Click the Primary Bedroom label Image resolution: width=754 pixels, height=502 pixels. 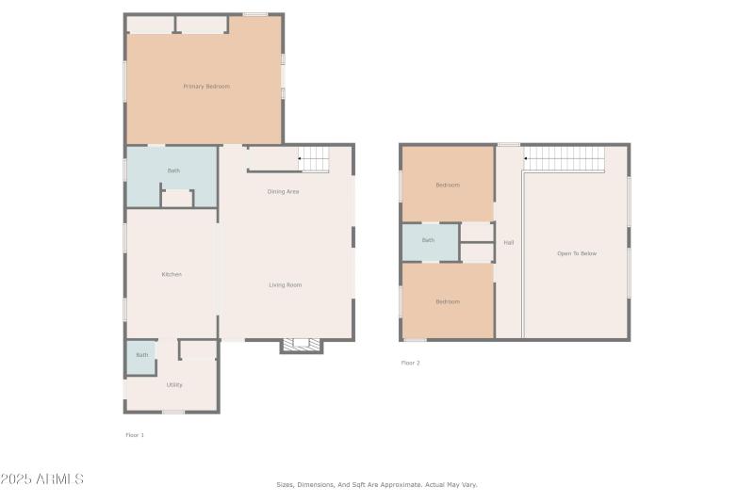pyautogui.click(x=205, y=87)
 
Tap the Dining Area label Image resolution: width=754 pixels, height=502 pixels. pyautogui.click(x=283, y=192)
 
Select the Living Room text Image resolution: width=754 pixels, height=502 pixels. pyautogui.click(x=286, y=284)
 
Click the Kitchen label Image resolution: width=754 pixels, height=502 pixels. pyautogui.click(x=172, y=274)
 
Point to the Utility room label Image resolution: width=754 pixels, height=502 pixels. pyautogui.click(x=174, y=384)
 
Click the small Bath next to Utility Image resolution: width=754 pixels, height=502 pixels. pyautogui.click(x=141, y=355)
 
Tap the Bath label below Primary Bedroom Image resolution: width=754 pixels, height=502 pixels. pyautogui.click(x=173, y=170)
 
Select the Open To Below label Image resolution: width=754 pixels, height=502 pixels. pyautogui.click(x=577, y=253)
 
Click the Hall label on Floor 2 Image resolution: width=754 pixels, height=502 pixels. pyautogui.click(x=509, y=243)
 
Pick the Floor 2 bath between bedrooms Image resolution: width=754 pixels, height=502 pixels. pyautogui.click(x=429, y=240)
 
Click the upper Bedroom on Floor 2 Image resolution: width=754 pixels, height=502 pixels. pyautogui.click(x=448, y=185)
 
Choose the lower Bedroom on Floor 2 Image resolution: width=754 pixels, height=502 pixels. pyautogui.click(x=448, y=301)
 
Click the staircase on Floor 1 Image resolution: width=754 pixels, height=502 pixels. pyautogui.click(x=314, y=159)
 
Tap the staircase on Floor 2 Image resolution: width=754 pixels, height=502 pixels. pyautogui.click(x=564, y=159)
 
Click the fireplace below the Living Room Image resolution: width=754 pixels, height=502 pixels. pyautogui.click(x=302, y=346)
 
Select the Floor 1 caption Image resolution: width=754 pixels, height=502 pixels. pyautogui.click(x=135, y=435)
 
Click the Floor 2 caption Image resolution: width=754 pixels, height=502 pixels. pyautogui.click(x=411, y=363)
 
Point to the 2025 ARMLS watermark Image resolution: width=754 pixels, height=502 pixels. pyautogui.click(x=42, y=479)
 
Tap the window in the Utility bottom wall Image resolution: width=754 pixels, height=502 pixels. pyautogui.click(x=172, y=412)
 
